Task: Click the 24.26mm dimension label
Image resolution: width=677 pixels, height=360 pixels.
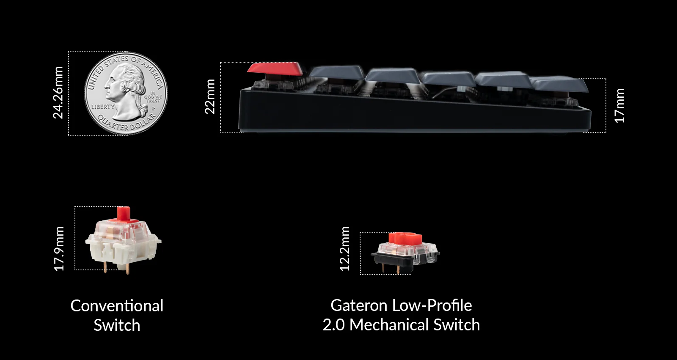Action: coord(58,93)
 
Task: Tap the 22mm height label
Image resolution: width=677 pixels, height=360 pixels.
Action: coord(210,96)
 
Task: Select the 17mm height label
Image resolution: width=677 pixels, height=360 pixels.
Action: coord(619,106)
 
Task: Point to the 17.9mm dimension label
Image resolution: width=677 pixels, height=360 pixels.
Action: coord(59,249)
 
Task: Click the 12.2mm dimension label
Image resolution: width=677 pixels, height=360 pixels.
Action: coord(345,249)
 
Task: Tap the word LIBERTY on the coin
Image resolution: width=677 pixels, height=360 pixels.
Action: coord(103,107)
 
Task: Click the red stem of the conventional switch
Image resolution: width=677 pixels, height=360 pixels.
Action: coord(123,214)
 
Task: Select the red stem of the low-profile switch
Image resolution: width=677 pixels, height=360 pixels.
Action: coord(405,238)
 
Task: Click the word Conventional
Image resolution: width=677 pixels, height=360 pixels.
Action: coord(117,306)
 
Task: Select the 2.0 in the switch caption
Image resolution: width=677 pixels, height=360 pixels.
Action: coord(333,325)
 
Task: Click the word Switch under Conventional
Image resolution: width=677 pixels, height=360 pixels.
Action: coord(117,325)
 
